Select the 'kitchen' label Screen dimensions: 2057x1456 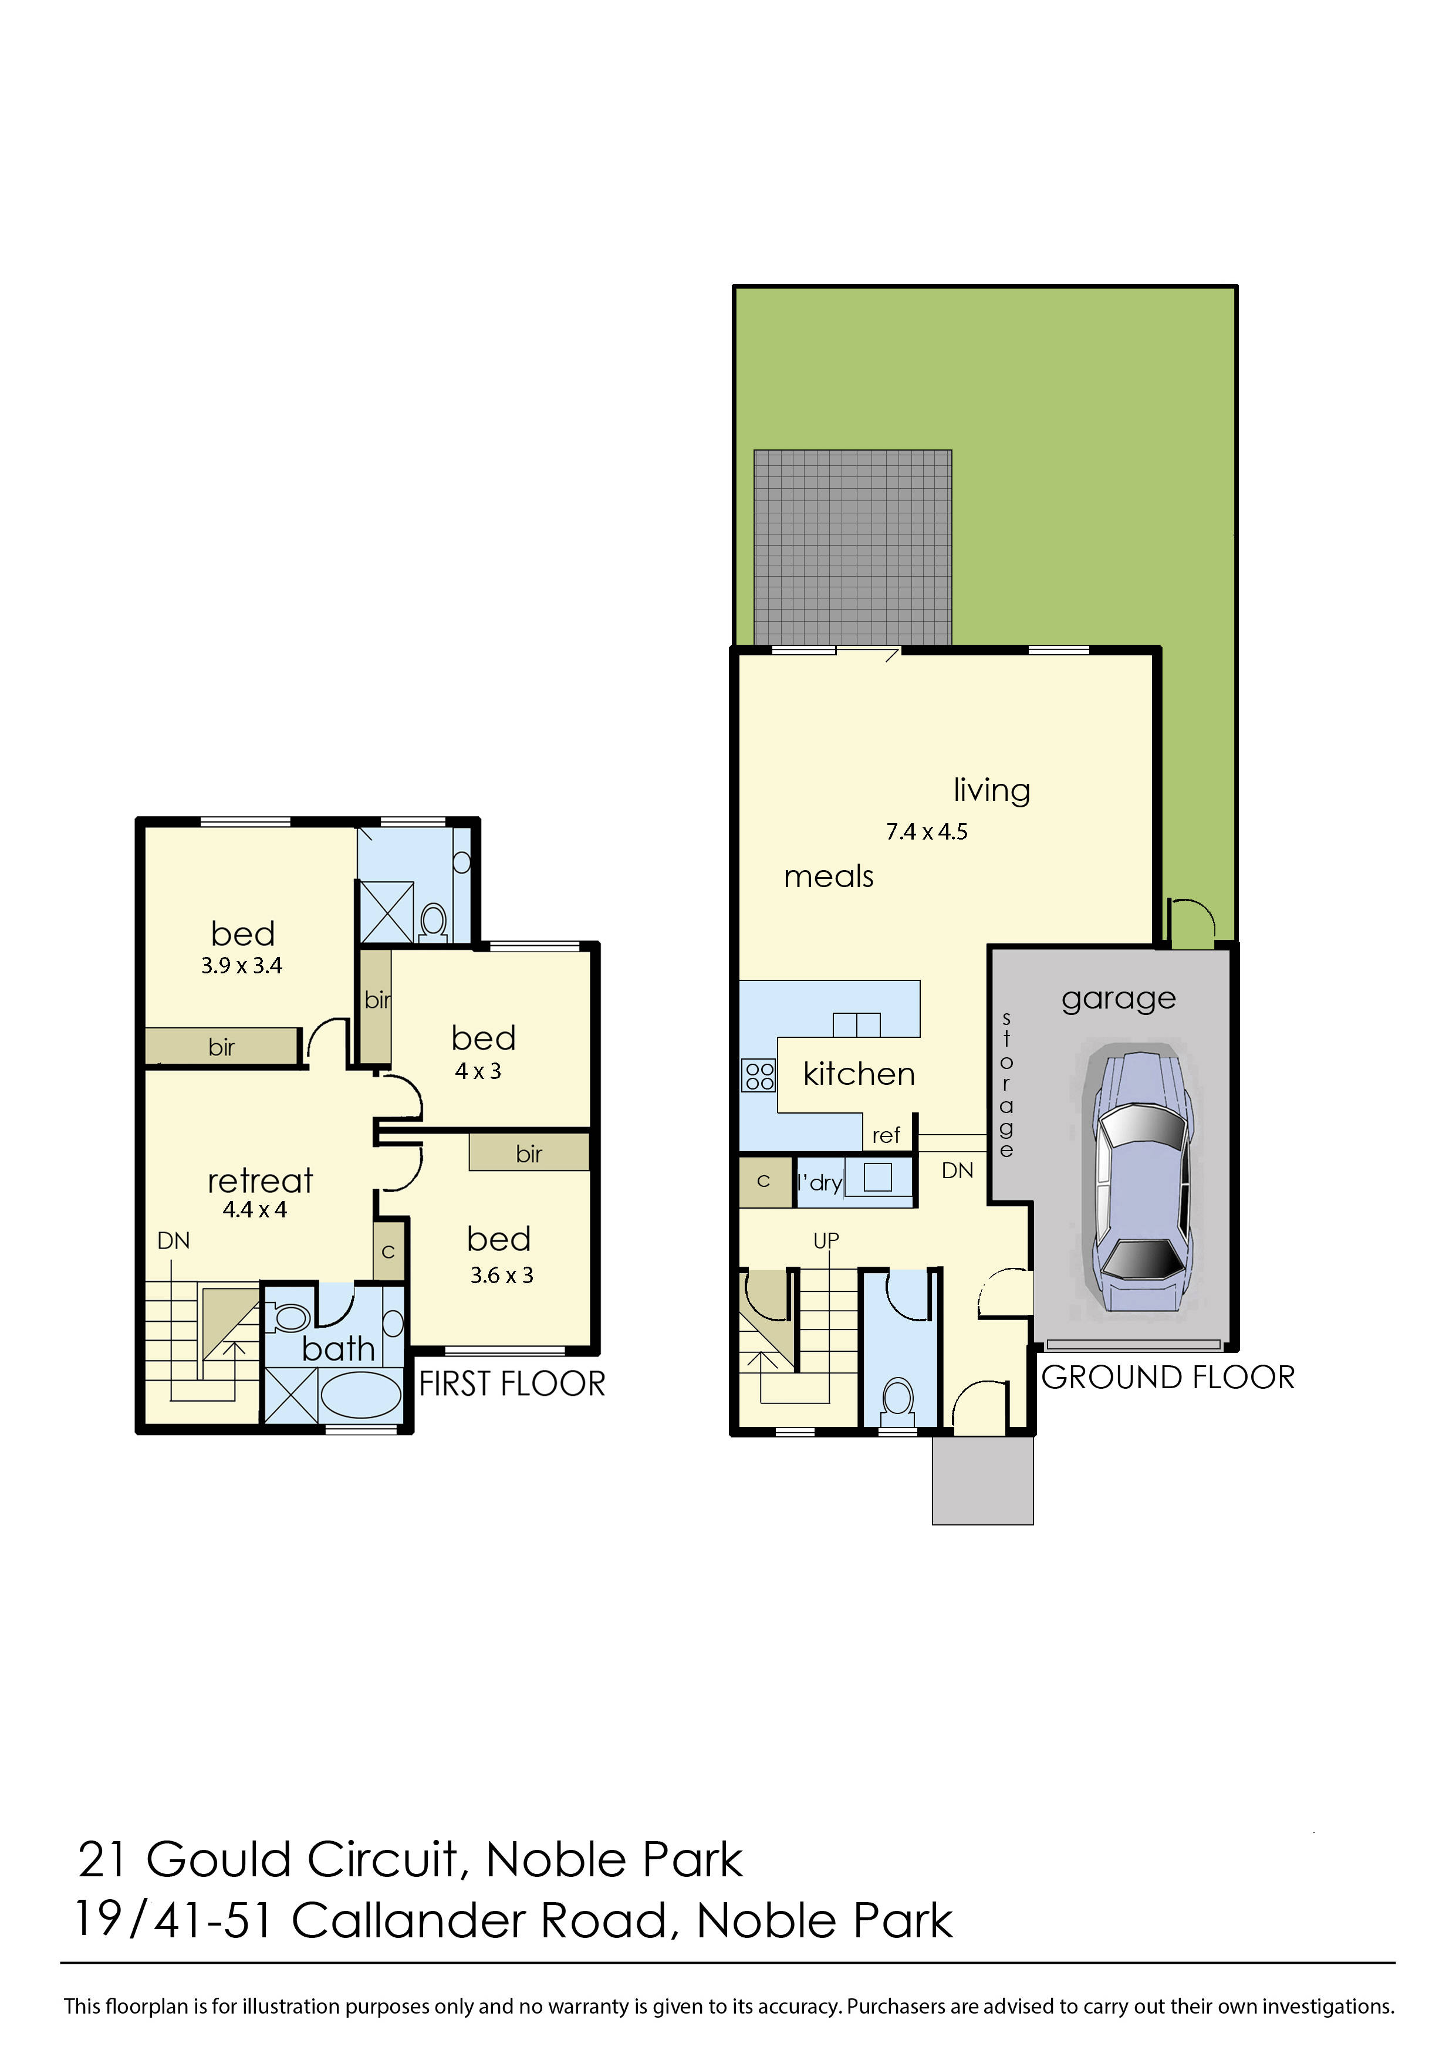point(859,1074)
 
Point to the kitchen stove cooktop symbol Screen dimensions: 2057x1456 point(758,1075)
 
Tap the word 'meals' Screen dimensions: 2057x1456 point(829,877)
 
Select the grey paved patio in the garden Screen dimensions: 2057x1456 point(852,547)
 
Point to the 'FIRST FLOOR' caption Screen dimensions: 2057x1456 point(512,1384)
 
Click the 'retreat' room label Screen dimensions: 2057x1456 point(260,1181)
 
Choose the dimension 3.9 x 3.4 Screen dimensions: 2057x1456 point(241,965)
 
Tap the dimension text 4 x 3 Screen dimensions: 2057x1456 point(478,1071)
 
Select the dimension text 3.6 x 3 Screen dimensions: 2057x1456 point(501,1276)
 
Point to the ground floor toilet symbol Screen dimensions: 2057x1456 point(897,1399)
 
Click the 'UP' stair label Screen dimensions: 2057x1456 point(826,1240)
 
